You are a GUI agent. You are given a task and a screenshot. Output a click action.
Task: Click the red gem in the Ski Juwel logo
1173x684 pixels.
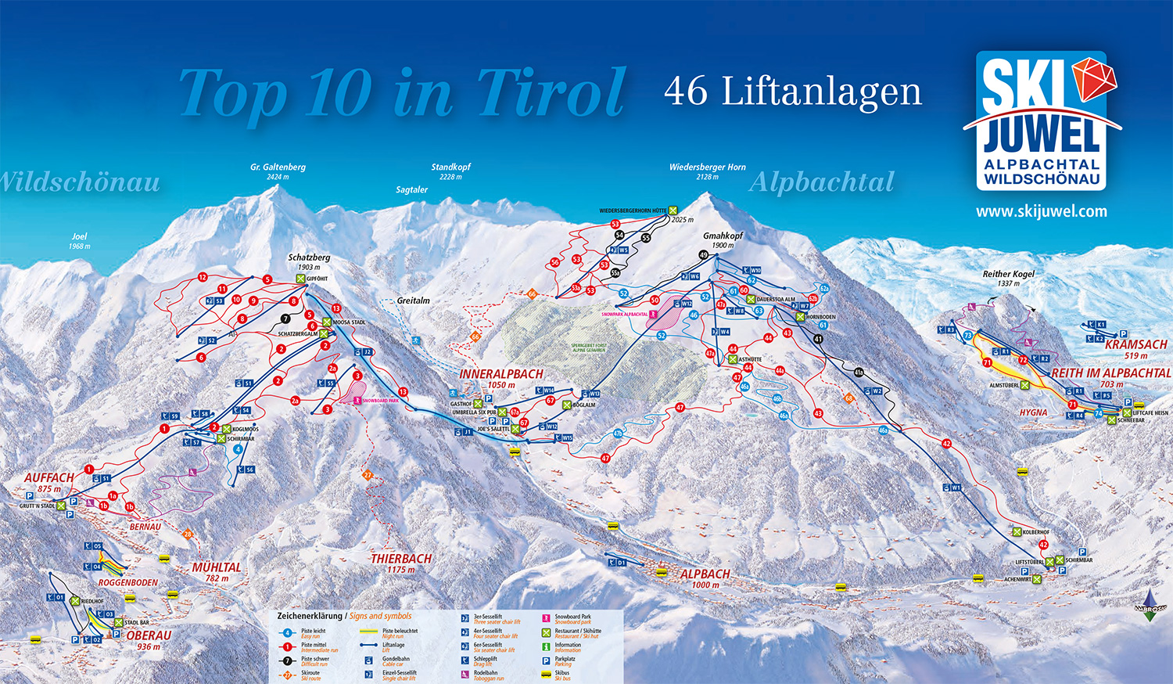pos(1094,79)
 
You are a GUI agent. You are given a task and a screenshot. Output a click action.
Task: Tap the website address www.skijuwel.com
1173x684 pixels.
pos(1041,211)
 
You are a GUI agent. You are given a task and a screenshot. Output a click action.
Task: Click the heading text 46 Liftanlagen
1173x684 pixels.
pos(792,91)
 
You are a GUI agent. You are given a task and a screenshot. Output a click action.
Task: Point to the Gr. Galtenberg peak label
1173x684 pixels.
pos(278,167)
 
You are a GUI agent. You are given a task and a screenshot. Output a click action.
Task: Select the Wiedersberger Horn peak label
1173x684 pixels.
pos(707,167)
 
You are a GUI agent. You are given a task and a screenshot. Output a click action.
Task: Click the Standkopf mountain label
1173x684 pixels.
pos(450,167)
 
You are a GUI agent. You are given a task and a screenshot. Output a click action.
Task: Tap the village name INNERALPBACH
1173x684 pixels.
pos(500,374)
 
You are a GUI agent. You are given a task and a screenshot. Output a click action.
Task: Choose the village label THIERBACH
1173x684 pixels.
pos(401,559)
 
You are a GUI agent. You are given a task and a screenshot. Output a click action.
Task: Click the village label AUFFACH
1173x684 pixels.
pos(48,477)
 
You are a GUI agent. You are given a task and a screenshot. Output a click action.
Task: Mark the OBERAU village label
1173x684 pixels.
pos(149,635)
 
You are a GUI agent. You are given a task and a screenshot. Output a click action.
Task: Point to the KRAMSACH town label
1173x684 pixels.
pos(1135,344)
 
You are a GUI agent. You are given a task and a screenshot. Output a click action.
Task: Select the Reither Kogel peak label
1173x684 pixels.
pos(1008,274)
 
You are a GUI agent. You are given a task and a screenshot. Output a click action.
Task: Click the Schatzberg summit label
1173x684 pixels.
pos(309,257)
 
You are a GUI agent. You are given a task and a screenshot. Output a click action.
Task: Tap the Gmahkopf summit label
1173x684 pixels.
pos(723,236)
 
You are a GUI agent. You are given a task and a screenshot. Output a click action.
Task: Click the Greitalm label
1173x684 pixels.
pos(413,301)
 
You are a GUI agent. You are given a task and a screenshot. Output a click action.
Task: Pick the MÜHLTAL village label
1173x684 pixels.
pos(217,567)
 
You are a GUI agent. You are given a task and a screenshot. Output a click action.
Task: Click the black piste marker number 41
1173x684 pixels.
pos(818,339)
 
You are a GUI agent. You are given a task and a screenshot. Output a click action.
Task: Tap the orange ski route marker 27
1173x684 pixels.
pos(368,475)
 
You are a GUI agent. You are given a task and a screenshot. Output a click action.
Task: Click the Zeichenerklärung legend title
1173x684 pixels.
pos(310,616)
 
